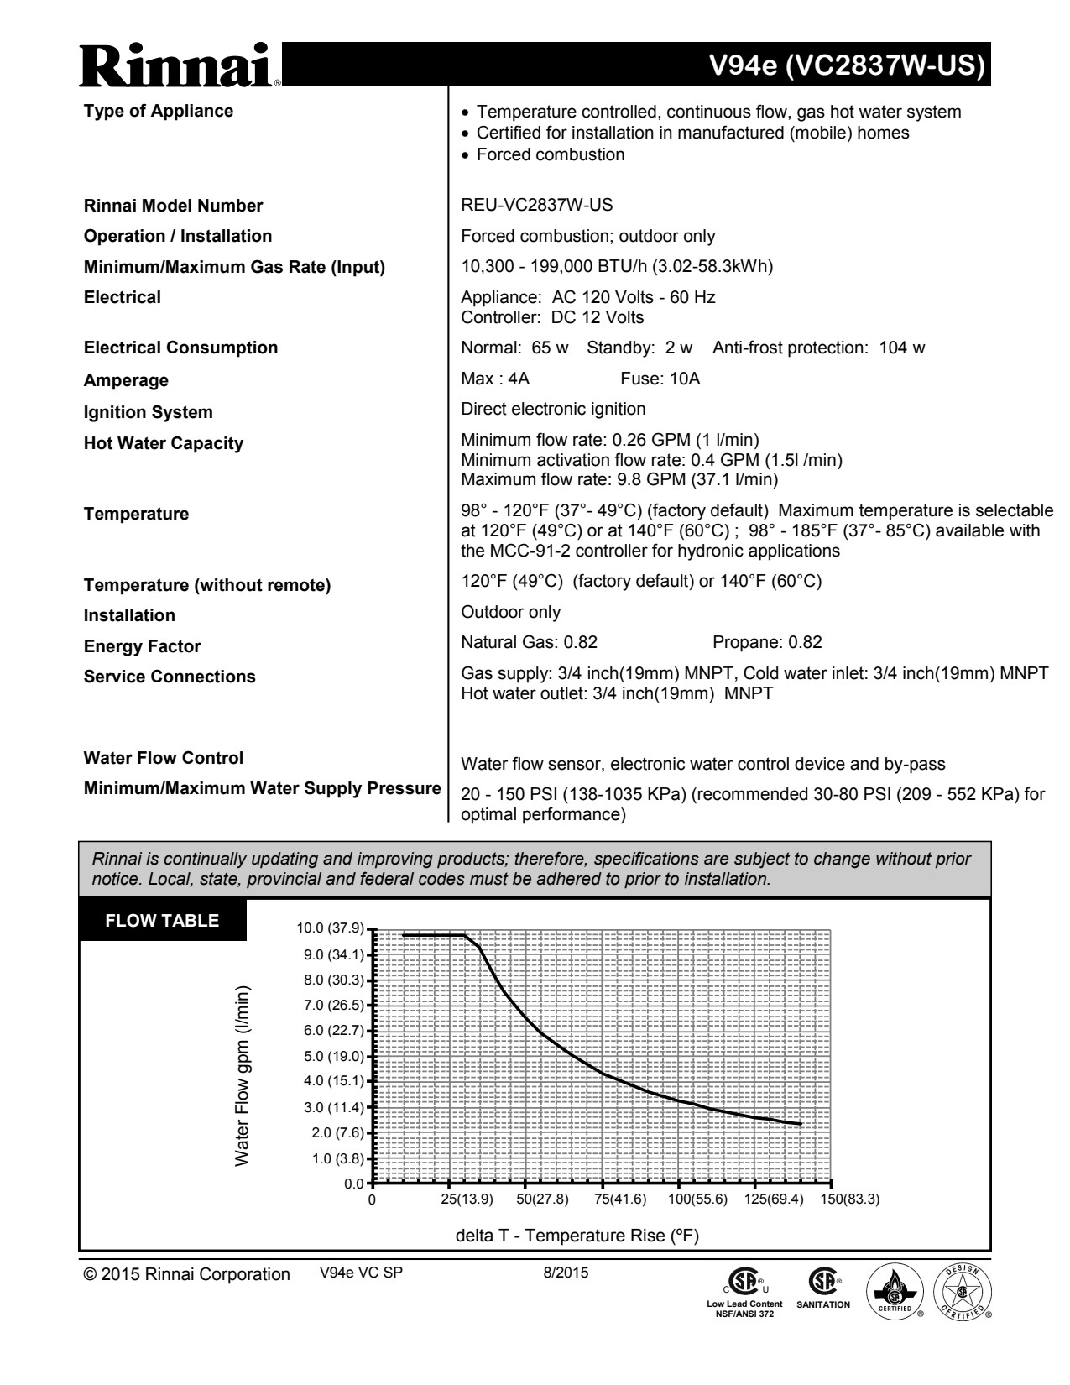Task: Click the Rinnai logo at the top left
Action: coord(180,65)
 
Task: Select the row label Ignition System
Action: coord(148,412)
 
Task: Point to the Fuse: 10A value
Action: coord(660,379)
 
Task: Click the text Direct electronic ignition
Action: coord(553,409)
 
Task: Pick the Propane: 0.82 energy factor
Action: coord(767,642)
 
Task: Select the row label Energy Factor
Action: coord(142,646)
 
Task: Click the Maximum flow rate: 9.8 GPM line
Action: coord(619,479)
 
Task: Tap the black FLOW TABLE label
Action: coord(162,921)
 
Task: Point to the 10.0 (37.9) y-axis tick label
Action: coord(331,928)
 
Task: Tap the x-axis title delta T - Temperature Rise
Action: coord(577,1236)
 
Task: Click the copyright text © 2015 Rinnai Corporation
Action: coord(186,1274)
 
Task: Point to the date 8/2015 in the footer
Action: coord(566,1273)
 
